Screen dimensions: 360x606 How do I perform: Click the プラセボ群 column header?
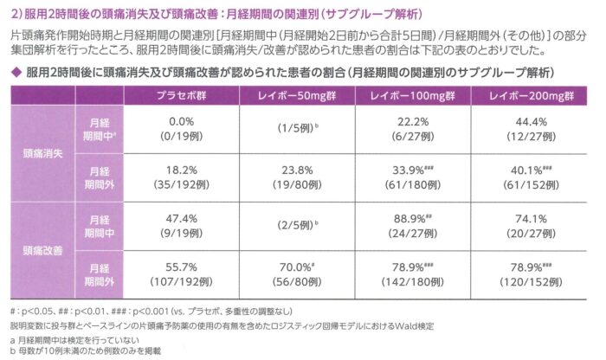click(181, 95)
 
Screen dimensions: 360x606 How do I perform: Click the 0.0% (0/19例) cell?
click(181, 129)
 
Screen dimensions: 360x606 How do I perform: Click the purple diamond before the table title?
click(16, 72)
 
